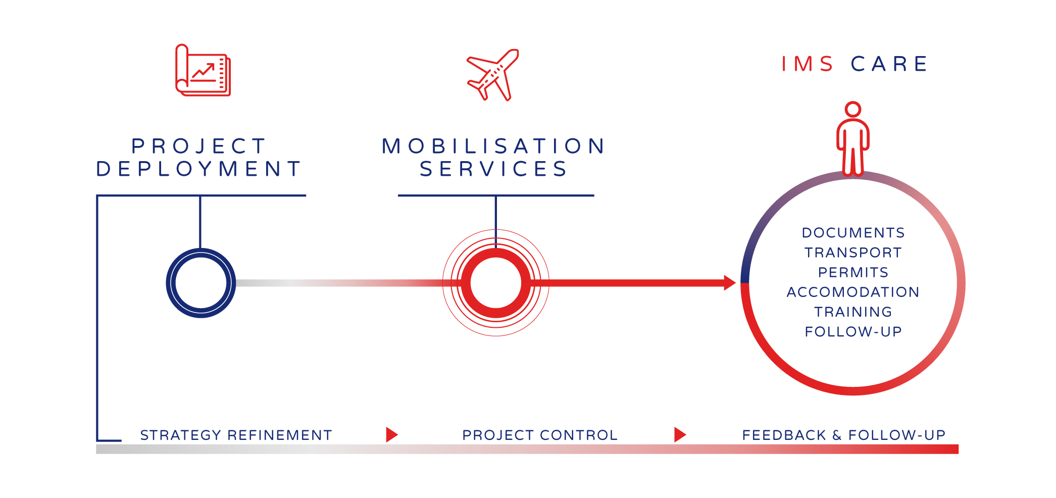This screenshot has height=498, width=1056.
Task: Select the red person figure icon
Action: click(853, 139)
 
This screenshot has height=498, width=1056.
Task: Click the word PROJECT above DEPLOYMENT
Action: click(199, 146)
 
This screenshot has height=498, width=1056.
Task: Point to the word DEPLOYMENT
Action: click(199, 169)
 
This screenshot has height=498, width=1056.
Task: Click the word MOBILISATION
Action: click(494, 146)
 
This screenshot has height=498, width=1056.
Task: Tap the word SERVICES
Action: click(494, 169)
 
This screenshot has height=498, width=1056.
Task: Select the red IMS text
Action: click(807, 64)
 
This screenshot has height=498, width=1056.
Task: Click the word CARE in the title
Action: click(889, 64)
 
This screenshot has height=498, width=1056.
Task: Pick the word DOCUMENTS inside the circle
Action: click(853, 233)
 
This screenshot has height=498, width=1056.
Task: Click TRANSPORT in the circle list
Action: click(853, 253)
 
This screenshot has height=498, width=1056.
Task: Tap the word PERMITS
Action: click(853, 272)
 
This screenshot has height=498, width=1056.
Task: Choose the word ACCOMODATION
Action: click(853, 292)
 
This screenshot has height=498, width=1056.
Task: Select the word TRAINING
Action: click(853, 312)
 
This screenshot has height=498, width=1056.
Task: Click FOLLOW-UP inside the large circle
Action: click(853, 331)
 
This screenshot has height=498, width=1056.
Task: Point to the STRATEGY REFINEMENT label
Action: click(236, 435)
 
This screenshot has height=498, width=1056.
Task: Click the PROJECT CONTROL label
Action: click(540, 435)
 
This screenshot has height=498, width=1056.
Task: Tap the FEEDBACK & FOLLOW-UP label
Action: click(843, 435)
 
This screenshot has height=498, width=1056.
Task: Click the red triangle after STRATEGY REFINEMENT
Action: click(391, 434)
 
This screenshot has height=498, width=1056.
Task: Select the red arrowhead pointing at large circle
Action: click(729, 283)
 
